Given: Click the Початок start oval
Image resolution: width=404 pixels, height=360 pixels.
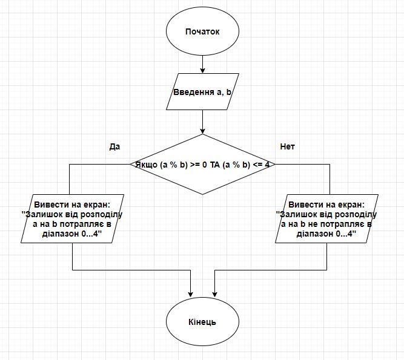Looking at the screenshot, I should tap(202, 31).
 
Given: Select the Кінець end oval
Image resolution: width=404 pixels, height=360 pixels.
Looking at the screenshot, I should tap(202, 321).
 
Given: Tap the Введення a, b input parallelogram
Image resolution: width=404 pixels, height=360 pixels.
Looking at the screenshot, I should tap(202, 91).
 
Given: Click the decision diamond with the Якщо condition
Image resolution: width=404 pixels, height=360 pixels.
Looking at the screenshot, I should tap(202, 164).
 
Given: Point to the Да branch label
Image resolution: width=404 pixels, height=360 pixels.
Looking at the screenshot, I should tap(114, 147).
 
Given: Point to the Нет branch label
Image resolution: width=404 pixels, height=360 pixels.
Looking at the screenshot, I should tap(288, 147).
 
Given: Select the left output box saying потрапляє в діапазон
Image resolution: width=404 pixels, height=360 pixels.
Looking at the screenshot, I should tap(73, 218).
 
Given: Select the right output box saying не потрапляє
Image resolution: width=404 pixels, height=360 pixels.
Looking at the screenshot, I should tap(327, 218).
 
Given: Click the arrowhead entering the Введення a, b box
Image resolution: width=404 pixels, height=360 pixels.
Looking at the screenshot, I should tap(202, 70).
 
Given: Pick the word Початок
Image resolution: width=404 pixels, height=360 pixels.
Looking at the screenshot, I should tap(202, 31).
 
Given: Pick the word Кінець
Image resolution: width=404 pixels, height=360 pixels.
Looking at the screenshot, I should tap(202, 321).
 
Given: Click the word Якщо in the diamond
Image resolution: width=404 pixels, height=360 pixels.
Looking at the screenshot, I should tap(146, 165).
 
